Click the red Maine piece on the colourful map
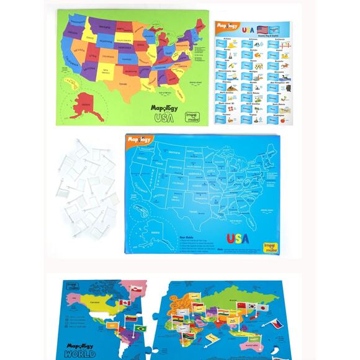[x=200, y=24]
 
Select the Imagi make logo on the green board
[x=195, y=117]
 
